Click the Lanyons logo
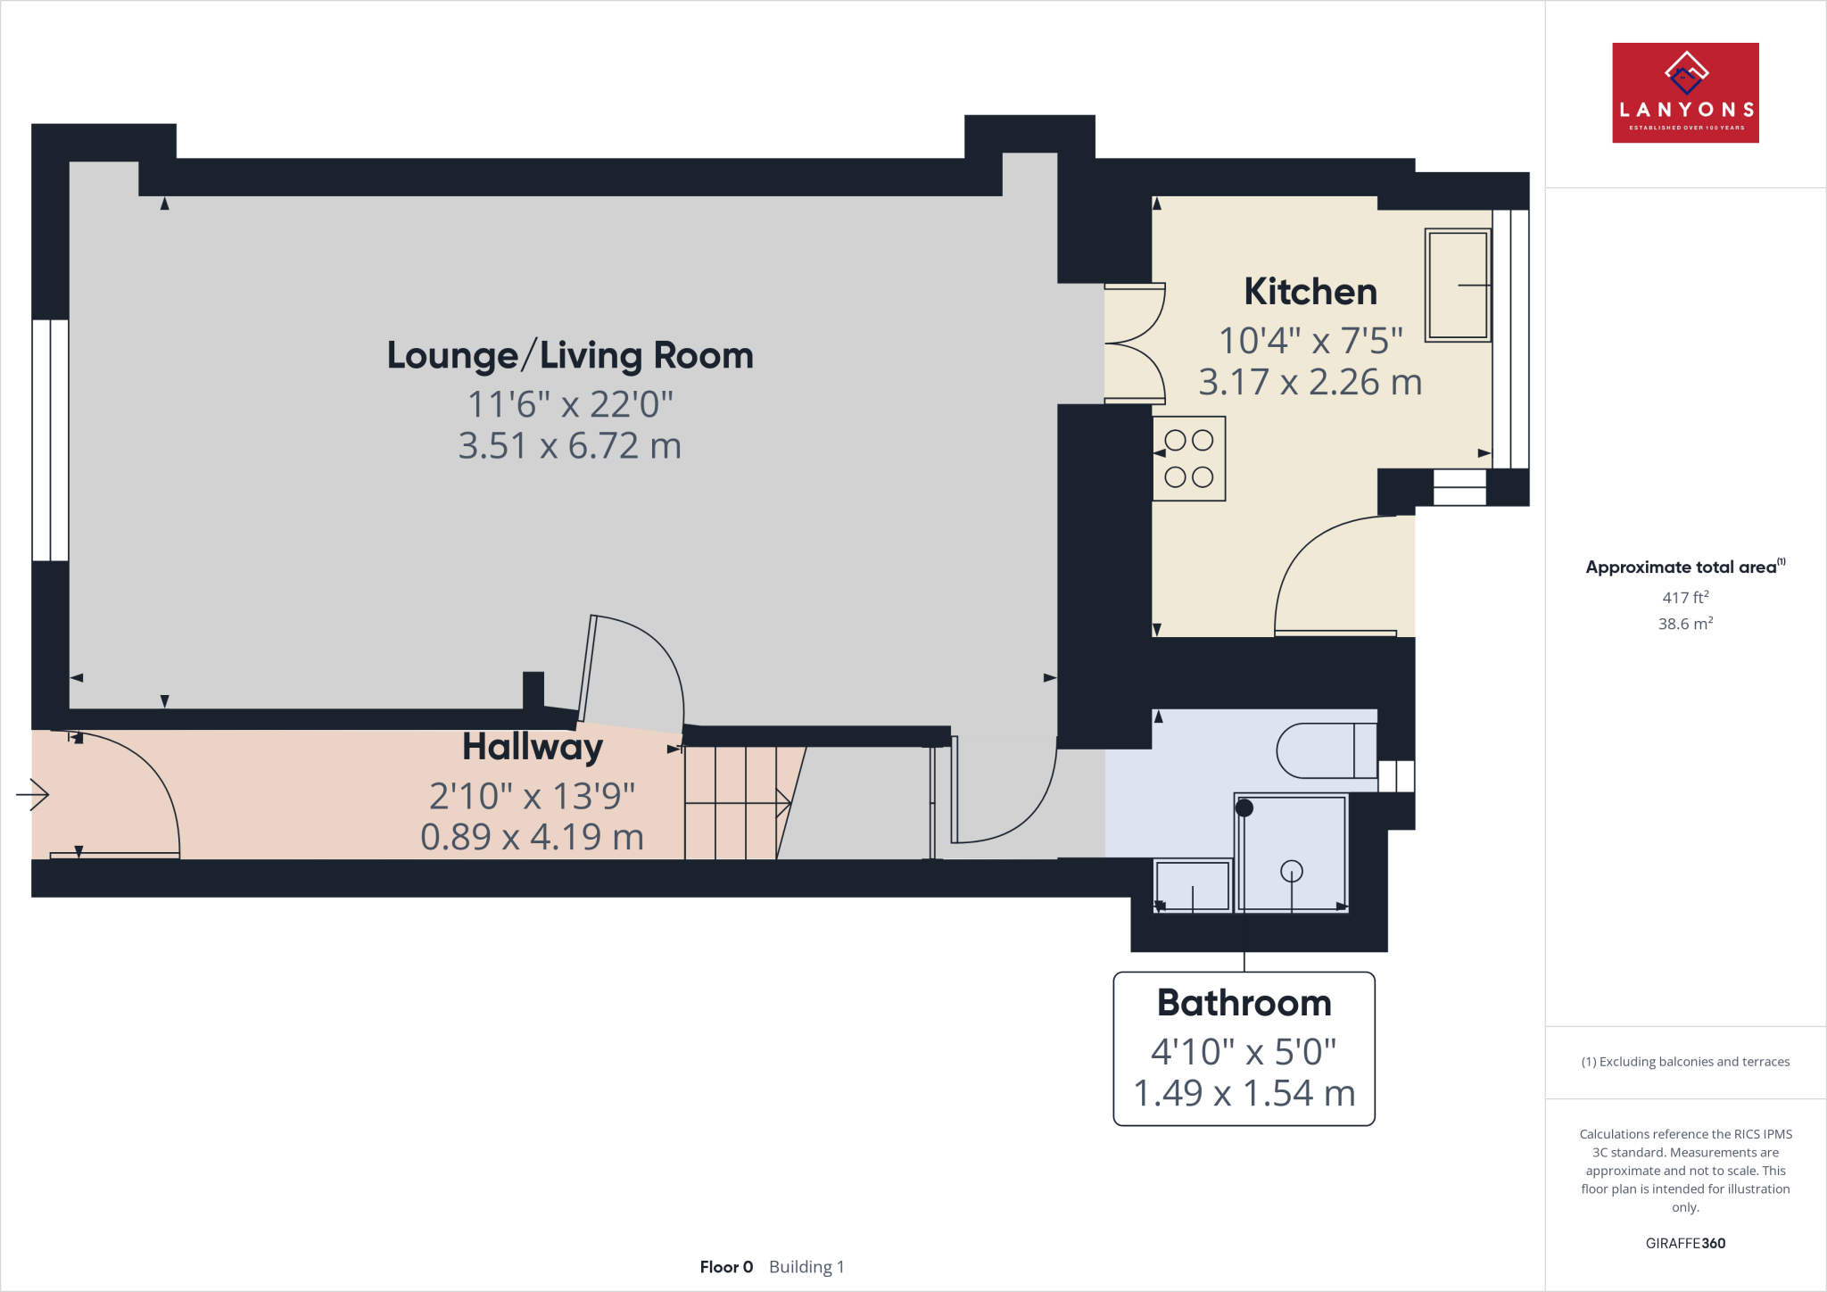pyautogui.click(x=1685, y=93)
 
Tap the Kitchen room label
pyautogui.click(x=1310, y=292)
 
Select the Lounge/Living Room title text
pyautogui.click(x=570, y=355)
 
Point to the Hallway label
pyautogui.click(x=533, y=748)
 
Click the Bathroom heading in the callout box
pyautogui.click(x=1244, y=1003)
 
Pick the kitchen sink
pyautogui.click(x=1458, y=286)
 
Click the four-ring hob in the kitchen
pyautogui.click(x=1189, y=459)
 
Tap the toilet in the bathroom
pyautogui.click(x=1327, y=750)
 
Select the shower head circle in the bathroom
pyautogui.click(x=1291, y=871)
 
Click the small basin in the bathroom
pyautogui.click(x=1193, y=885)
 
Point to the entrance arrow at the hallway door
pyautogui.click(x=32, y=794)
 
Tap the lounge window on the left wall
pyautogui.click(x=51, y=440)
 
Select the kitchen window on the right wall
pyautogui.click(x=1511, y=339)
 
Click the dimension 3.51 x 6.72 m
pyautogui.click(x=570, y=445)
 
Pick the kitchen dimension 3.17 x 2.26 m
pyautogui.click(x=1310, y=382)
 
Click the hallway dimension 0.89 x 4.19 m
pyautogui.click(x=533, y=837)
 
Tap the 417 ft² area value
pyautogui.click(x=1685, y=597)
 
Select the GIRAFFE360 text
pyautogui.click(x=1685, y=1243)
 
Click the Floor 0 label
pyautogui.click(x=726, y=1267)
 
